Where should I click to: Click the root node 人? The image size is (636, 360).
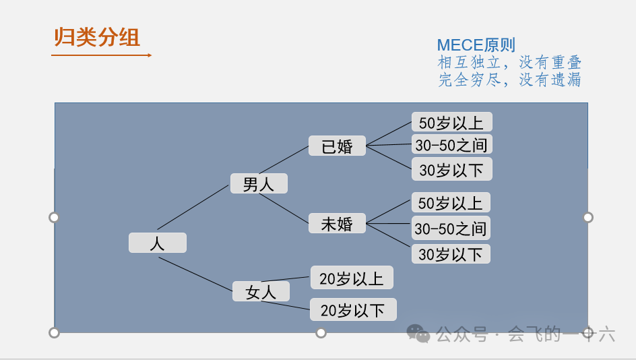157,243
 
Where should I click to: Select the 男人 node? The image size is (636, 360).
259,183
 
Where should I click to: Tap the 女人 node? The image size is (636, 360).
261,291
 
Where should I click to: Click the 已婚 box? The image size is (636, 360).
337,146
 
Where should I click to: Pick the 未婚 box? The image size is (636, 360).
337,223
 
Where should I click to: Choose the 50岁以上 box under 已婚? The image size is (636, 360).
451,122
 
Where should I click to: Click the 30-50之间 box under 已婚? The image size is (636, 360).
451,144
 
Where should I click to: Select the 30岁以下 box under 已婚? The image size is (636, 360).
451,169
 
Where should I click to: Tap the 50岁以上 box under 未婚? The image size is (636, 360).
451,202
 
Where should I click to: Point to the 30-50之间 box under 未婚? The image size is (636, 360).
450,228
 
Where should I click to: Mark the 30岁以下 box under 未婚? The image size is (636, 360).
451,253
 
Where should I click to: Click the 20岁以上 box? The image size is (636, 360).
351,278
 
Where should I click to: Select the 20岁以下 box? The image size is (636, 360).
352,309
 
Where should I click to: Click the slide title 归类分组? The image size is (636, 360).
97,37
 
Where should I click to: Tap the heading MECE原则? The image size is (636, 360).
476,45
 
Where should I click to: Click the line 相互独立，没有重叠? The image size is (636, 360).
509,63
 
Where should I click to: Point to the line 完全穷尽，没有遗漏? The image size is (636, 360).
509,80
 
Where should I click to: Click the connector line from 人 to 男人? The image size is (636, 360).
193,207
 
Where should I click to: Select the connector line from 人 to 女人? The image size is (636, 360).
195,274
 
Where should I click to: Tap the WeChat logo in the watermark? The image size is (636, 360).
418,333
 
